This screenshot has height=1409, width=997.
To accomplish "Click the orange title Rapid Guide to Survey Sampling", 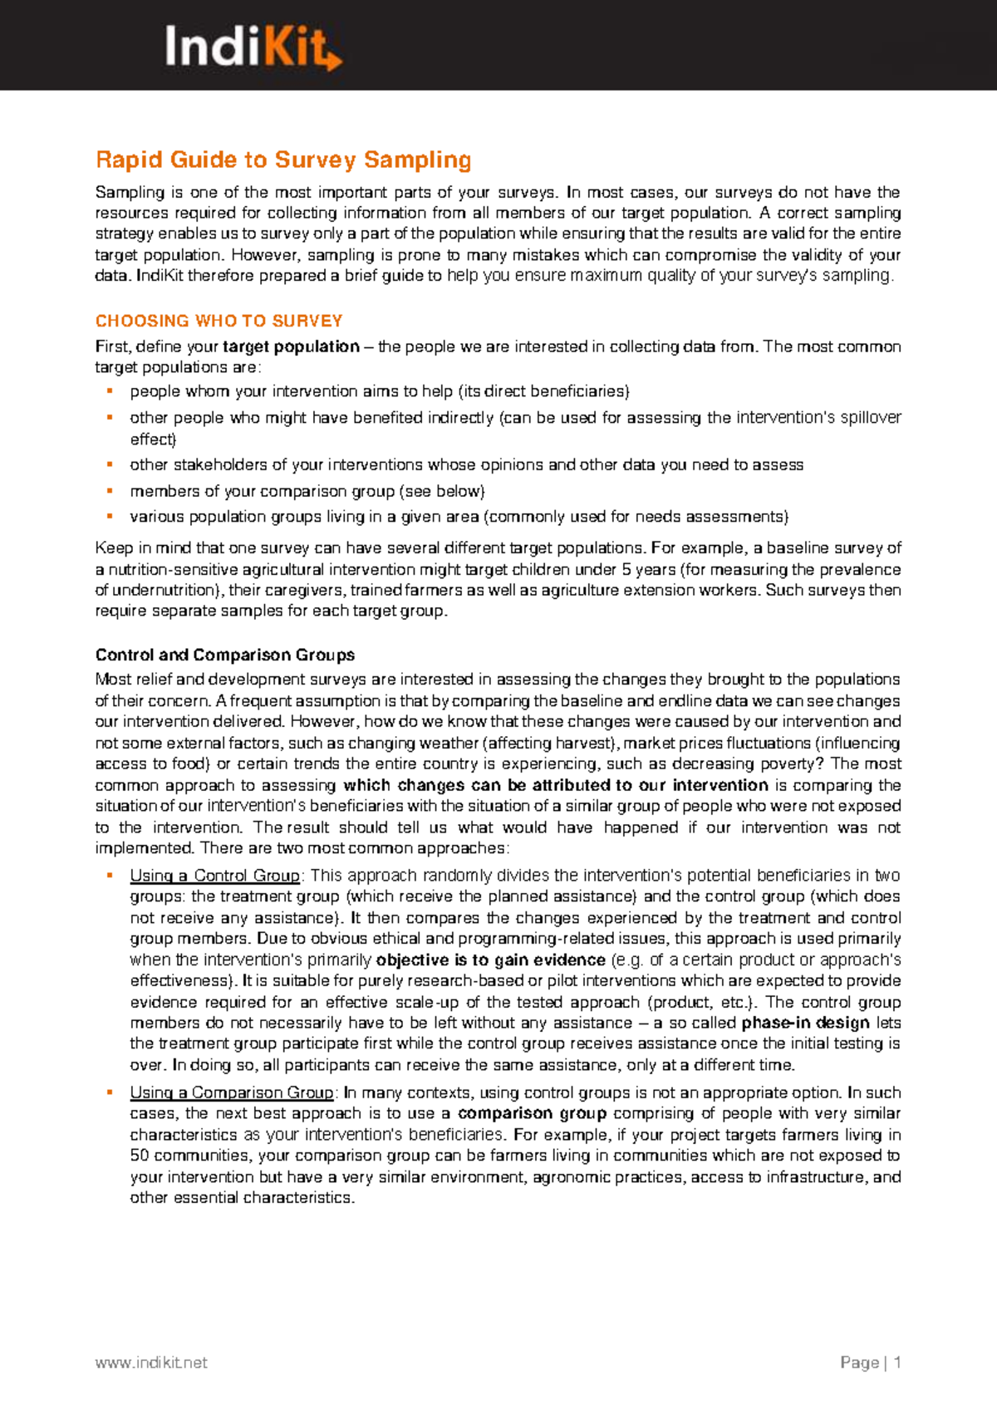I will [x=283, y=160].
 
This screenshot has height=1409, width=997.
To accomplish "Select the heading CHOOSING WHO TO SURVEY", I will [x=219, y=321].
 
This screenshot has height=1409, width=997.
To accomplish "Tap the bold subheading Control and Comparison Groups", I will [x=225, y=655].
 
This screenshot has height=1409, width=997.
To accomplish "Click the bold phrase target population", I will [x=291, y=346].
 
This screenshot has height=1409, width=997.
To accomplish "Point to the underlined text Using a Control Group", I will [x=214, y=876].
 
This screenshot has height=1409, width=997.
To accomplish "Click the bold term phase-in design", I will [x=805, y=1023].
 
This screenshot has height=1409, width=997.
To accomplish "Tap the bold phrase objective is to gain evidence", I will [x=490, y=960].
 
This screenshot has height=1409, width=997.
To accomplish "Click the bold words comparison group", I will [x=532, y=1113].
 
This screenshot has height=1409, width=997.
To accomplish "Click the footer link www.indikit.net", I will [x=151, y=1362].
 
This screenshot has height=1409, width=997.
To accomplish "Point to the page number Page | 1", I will [x=870, y=1362].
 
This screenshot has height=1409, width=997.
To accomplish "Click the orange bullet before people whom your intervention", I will [x=109, y=391].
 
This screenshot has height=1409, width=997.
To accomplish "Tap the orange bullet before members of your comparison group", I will [x=109, y=491].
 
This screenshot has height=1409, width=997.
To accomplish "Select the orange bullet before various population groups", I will [x=109, y=516].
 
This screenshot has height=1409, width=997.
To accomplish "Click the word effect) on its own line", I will [x=153, y=439].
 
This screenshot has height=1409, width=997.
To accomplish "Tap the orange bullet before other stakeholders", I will [x=109, y=464].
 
